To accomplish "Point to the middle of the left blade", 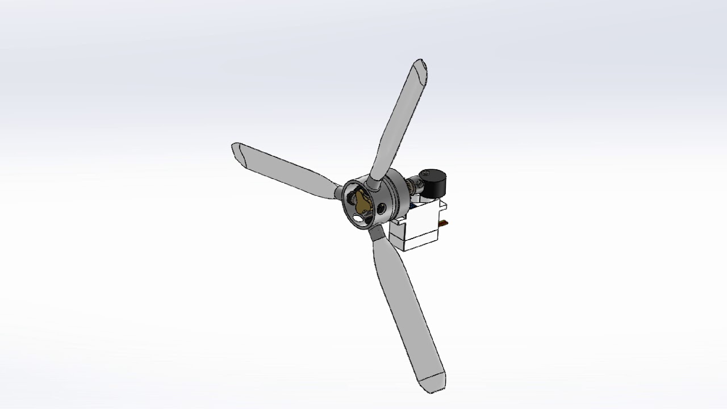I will tap(287, 170).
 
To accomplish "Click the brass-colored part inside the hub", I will tap(362, 201).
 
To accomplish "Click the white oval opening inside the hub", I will tap(359, 216).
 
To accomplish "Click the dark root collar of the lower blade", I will tap(375, 232).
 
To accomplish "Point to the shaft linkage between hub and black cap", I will tap(411, 186).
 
